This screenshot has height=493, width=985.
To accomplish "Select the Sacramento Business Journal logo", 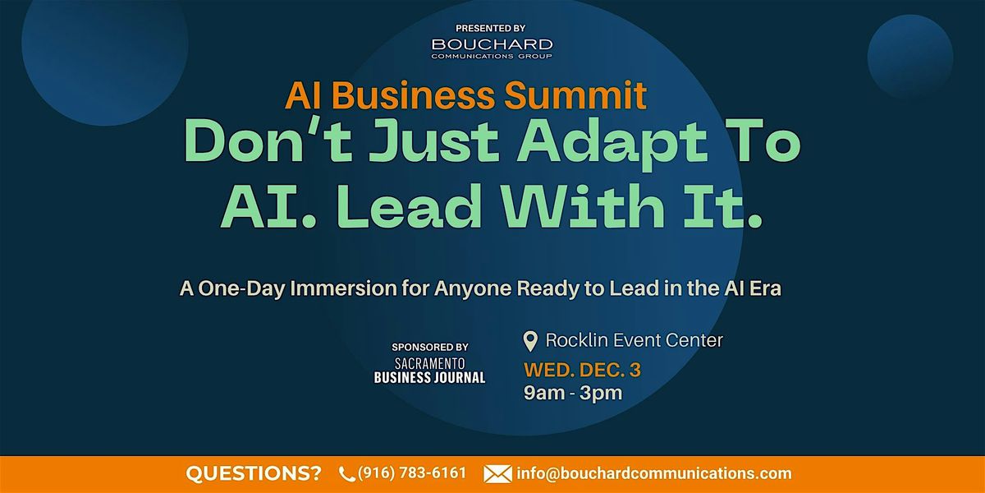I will [429, 370].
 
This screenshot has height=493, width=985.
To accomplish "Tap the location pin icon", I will [531, 340].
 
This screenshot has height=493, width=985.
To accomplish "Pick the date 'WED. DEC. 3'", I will [583, 370].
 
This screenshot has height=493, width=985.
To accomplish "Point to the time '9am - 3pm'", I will [573, 393].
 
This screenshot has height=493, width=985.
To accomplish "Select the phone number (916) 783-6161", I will [412, 473].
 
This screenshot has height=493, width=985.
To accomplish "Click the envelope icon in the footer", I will [497, 474].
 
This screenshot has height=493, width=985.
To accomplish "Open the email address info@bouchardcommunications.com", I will [654, 473].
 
